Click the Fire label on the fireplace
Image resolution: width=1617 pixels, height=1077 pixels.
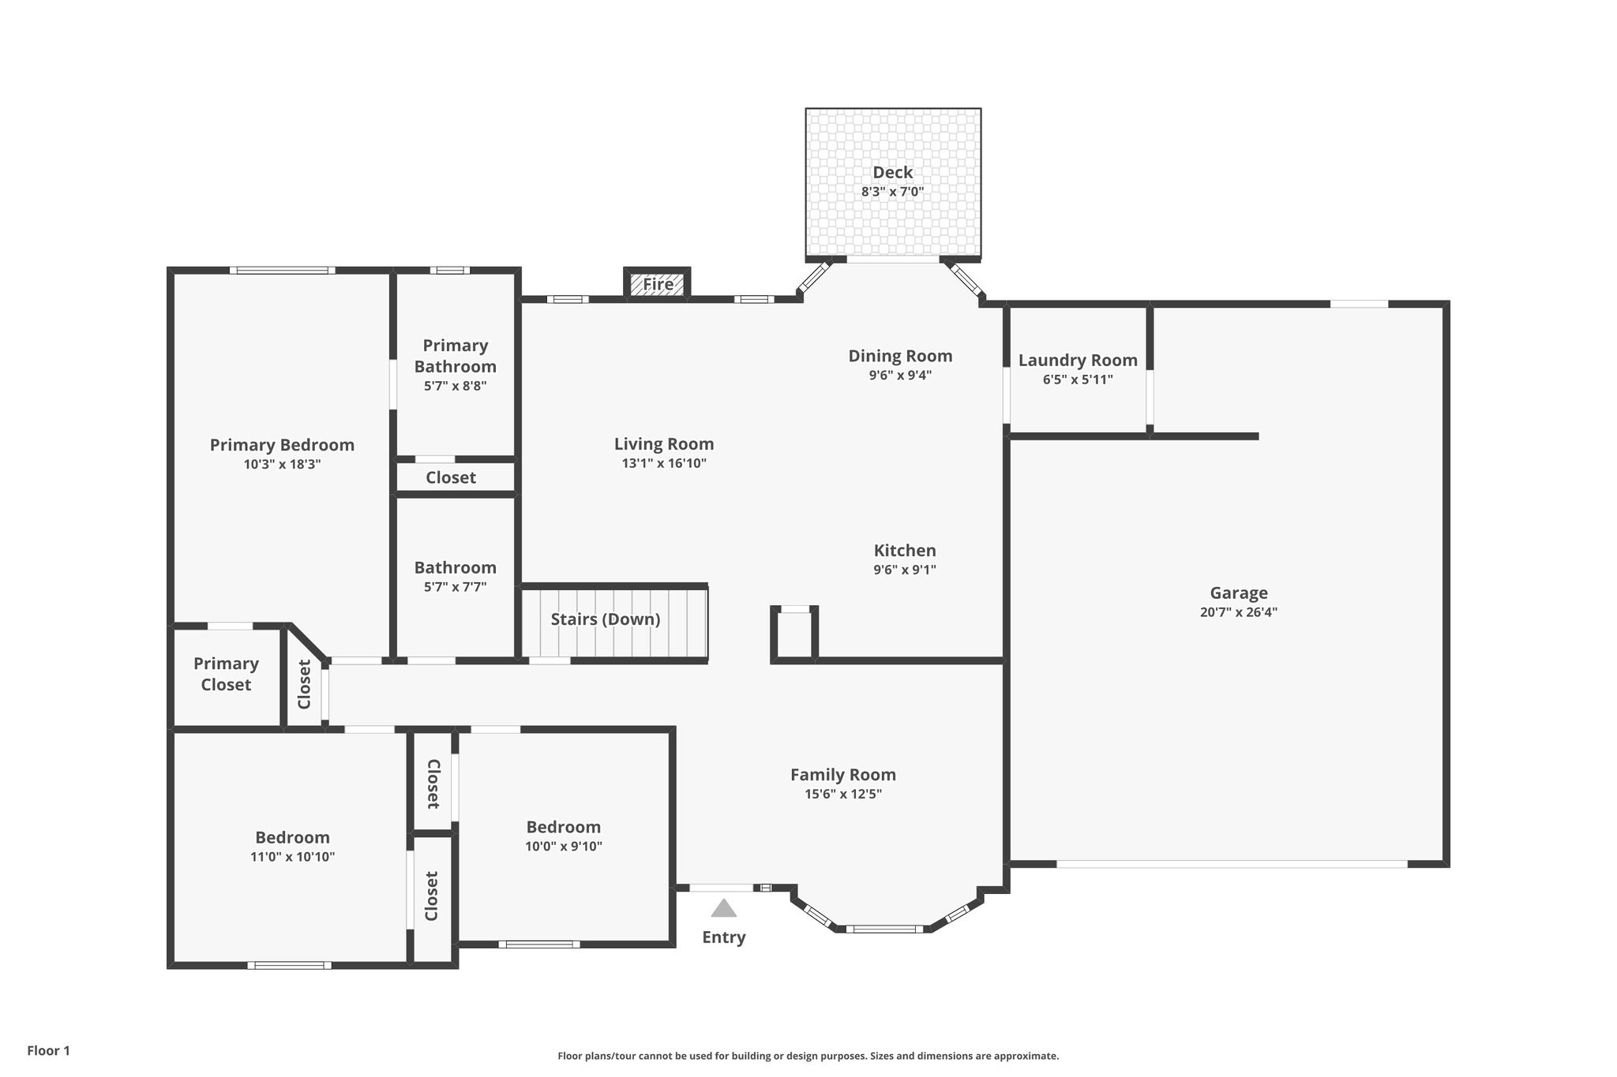click(658, 284)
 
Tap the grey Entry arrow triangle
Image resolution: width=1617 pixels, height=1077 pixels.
click(723, 908)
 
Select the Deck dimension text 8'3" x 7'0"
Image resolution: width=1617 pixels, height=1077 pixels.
click(892, 191)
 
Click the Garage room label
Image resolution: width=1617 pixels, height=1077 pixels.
click(1239, 593)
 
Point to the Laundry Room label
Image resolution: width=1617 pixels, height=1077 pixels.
click(1078, 361)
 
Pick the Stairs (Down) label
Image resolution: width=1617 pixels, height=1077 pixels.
click(606, 619)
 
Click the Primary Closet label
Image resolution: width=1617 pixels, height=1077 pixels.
click(226, 674)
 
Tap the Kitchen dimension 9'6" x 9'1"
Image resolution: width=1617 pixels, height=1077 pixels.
click(905, 570)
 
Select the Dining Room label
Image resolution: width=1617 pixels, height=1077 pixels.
click(900, 356)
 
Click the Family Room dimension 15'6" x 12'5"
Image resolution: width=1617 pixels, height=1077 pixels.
click(843, 794)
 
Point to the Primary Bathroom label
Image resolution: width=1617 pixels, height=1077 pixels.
click(456, 356)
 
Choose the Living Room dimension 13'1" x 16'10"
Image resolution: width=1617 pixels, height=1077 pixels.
click(664, 463)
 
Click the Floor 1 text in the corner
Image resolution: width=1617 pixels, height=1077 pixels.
click(49, 1050)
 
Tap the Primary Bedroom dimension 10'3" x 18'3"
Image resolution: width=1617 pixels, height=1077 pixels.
click(282, 464)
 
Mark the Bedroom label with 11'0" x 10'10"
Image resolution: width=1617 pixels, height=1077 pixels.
click(292, 837)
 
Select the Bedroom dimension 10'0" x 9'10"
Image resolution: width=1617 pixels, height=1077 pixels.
click(564, 846)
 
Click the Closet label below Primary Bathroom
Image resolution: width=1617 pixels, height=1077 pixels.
click(451, 477)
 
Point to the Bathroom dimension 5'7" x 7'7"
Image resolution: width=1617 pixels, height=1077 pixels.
click(456, 587)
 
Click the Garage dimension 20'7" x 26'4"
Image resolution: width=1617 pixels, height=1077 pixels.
click(1239, 611)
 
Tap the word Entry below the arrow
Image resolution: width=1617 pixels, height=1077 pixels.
click(724, 937)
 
